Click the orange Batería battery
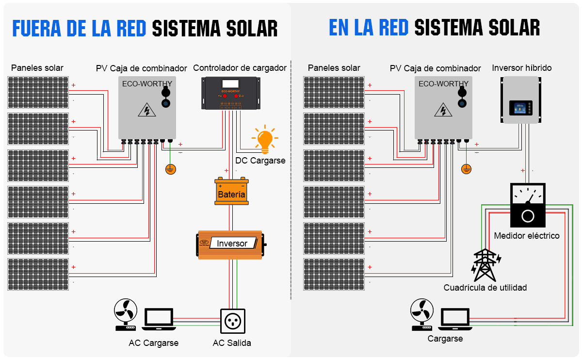232,192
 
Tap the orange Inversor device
230,244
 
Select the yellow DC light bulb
264,139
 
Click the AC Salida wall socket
232,321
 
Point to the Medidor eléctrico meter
528,205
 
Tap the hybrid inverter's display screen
519,107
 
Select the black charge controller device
231,93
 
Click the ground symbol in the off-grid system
170,169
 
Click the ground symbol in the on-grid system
466,169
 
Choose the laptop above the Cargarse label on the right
455,319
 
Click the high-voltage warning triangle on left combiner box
146,110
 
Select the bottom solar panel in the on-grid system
334,274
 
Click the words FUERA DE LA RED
79,28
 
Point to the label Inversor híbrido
521,68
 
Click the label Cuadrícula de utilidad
485,288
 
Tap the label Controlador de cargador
240,68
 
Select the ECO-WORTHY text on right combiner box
443,84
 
